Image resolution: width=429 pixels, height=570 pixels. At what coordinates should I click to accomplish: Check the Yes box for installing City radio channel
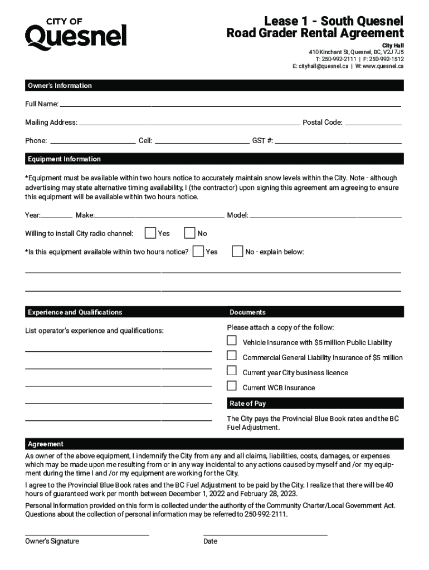tap(150, 233)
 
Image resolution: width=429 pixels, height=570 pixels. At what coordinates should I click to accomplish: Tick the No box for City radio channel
tap(189, 233)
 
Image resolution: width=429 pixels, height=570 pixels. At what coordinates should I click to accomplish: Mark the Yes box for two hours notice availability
tap(198, 252)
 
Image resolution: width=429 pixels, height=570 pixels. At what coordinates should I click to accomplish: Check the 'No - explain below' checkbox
tap(237, 252)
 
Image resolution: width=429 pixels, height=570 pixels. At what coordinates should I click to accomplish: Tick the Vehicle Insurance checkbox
tap(232, 341)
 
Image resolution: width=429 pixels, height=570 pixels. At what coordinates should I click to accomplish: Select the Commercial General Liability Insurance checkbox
tap(232, 356)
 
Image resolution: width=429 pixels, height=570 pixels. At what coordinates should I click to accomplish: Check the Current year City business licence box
tap(232, 371)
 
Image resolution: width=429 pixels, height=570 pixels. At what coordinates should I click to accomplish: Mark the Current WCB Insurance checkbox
tap(232, 386)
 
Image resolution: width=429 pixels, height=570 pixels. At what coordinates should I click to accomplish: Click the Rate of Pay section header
tap(315, 404)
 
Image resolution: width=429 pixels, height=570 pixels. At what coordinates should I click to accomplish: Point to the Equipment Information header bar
tap(214, 159)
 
